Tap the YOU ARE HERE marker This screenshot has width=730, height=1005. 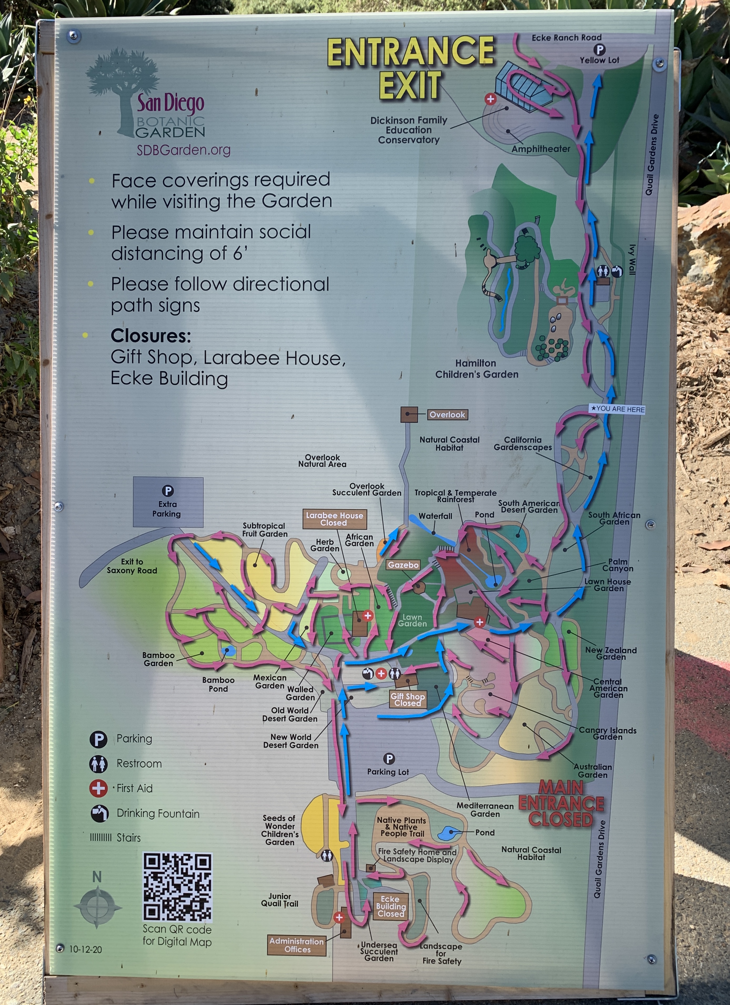(617, 409)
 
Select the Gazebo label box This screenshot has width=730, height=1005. (403, 565)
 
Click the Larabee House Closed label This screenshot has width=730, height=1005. (334, 519)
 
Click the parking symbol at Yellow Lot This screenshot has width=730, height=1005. (599, 50)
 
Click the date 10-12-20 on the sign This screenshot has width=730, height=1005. (85, 949)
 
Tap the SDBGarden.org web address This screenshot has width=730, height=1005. (183, 150)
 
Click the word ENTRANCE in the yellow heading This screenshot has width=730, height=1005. (410, 51)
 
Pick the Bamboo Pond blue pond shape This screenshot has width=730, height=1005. (229, 651)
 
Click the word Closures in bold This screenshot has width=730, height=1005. (151, 336)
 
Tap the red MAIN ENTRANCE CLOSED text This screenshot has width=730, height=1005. (561, 803)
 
